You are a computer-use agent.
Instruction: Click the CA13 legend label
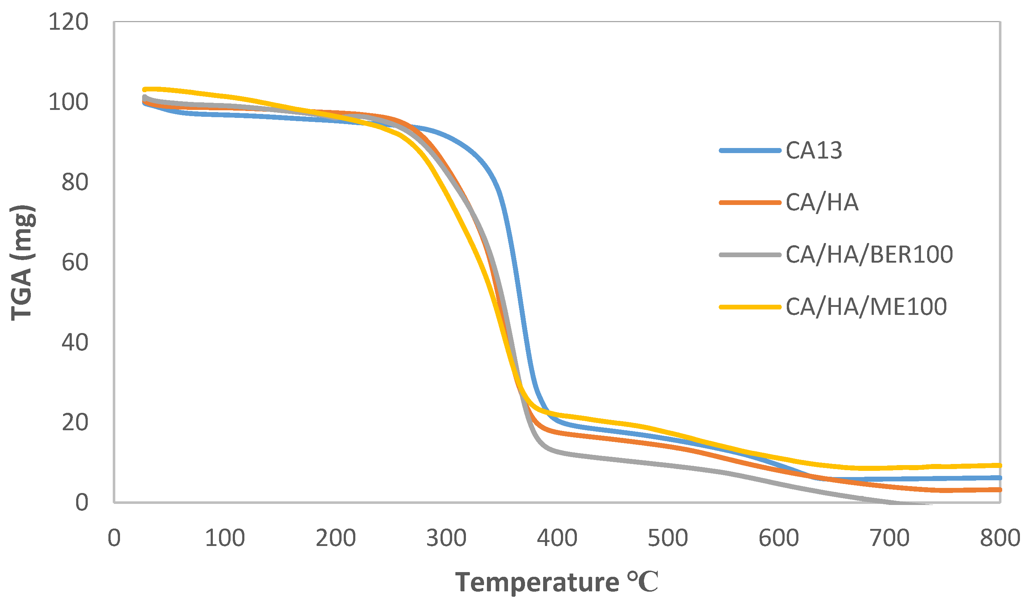point(814,151)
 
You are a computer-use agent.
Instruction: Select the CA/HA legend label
point(822,202)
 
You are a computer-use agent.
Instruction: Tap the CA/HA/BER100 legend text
point(869,254)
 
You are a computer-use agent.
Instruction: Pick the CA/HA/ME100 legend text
point(866,307)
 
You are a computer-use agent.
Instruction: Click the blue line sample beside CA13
point(750,151)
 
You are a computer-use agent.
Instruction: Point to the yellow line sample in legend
point(750,307)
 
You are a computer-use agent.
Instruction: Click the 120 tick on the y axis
point(68,22)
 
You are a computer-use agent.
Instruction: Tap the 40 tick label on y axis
point(75,342)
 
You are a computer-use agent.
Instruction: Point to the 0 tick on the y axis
point(82,502)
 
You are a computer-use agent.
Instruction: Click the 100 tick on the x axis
point(225,538)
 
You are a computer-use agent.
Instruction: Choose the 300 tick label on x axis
point(446,538)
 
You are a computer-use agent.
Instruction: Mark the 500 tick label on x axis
point(668,538)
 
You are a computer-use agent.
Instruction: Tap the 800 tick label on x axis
point(1000,538)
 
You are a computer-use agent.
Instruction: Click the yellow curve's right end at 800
point(999,465)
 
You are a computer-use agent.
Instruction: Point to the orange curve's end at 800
point(999,490)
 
